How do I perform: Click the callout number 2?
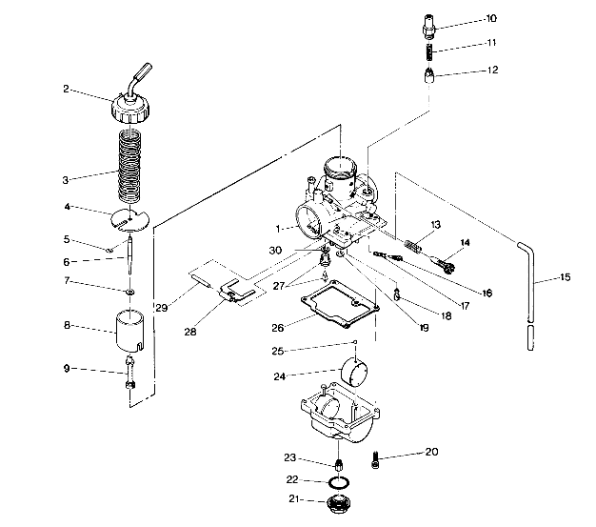(x=67, y=90)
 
